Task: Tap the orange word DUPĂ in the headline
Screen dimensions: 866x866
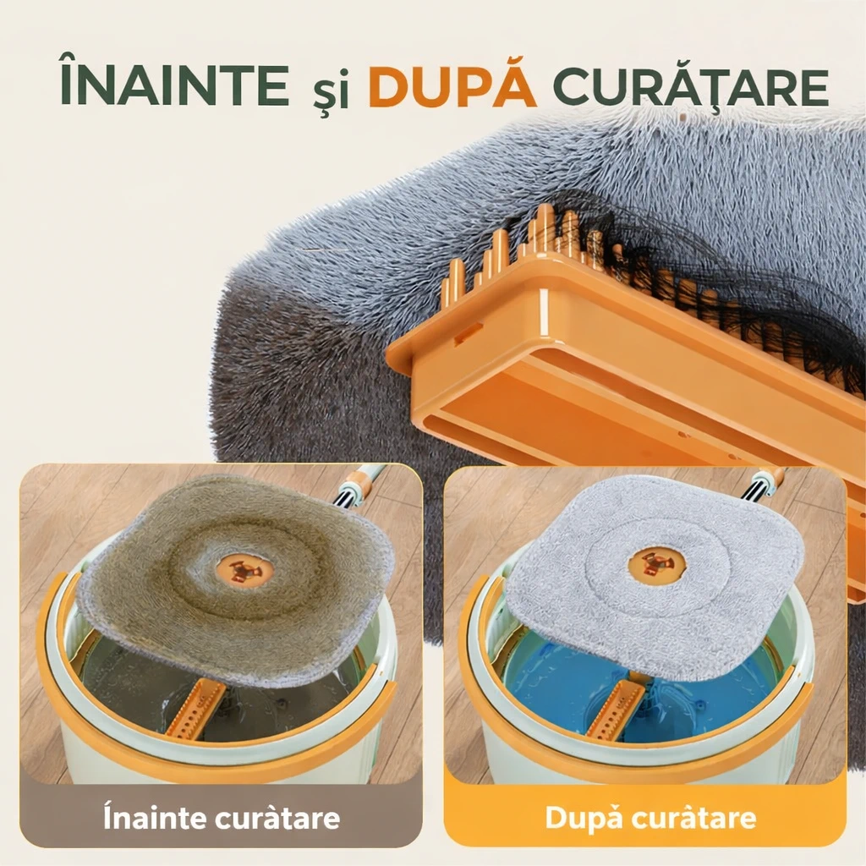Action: [452, 85]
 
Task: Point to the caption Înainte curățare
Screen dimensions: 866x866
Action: [221, 818]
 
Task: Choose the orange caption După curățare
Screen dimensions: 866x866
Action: [649, 818]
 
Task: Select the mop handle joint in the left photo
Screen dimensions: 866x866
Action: [360, 485]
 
